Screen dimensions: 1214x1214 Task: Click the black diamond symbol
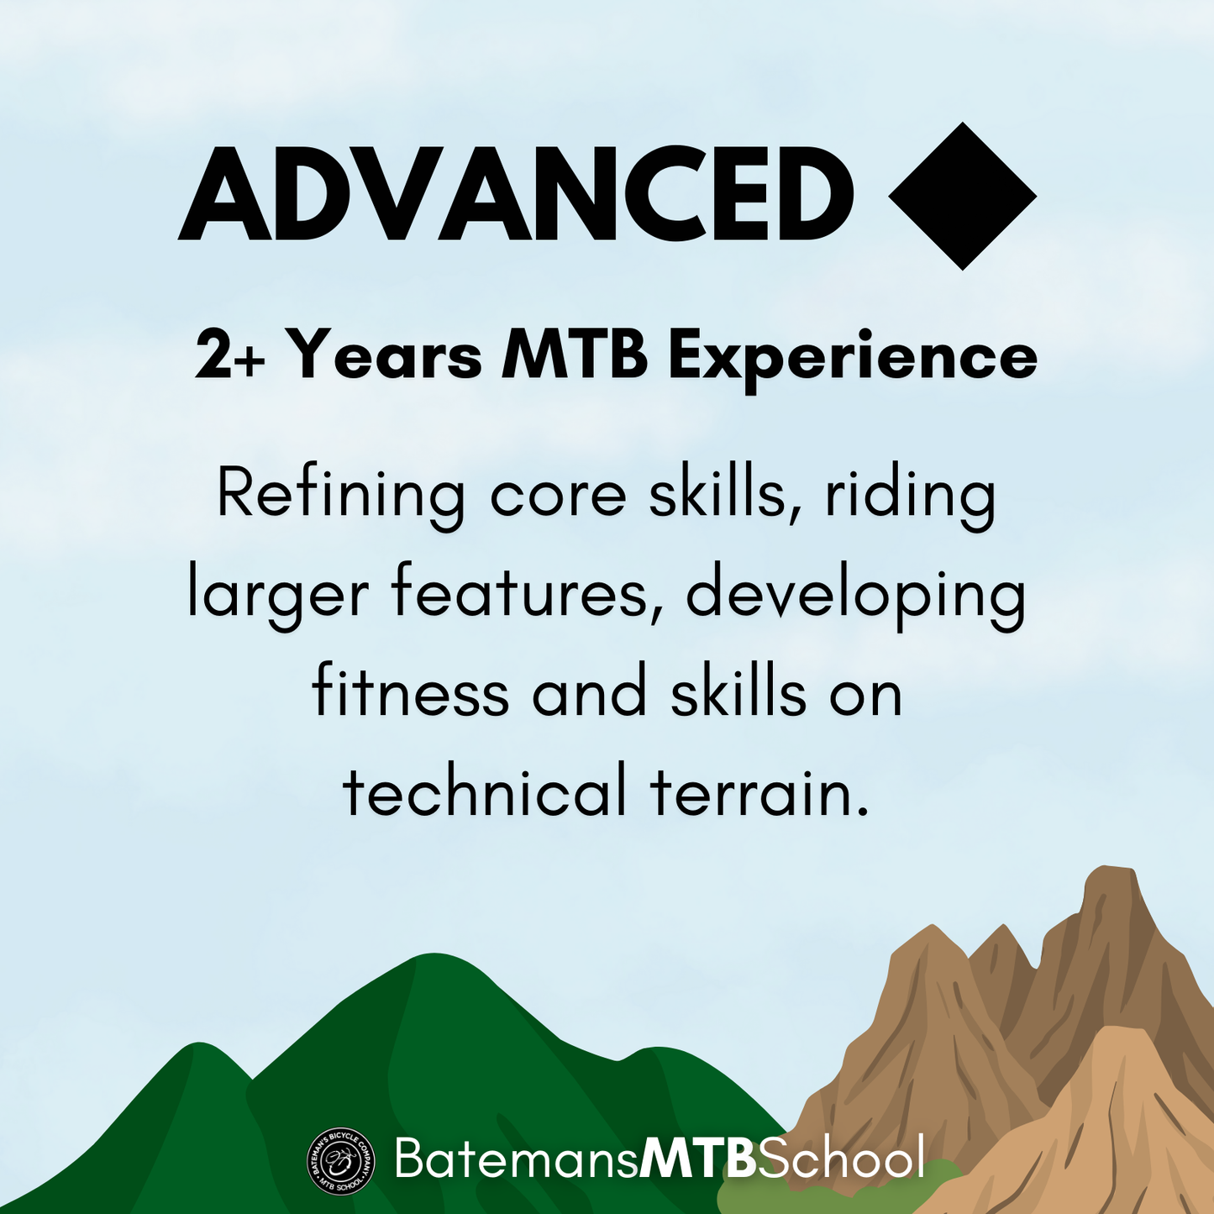[x=962, y=196]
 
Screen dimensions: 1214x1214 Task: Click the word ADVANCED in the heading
[x=515, y=194]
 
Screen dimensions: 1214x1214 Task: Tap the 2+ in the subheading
[x=230, y=356]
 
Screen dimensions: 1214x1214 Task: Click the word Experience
[x=853, y=359]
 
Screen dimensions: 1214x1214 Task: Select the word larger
[x=278, y=598]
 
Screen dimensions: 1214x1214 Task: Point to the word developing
[x=856, y=598]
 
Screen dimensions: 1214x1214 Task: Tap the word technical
[x=485, y=787]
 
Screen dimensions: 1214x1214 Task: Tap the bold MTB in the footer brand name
[x=697, y=1157]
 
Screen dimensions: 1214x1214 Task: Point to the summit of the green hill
[x=434, y=955]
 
